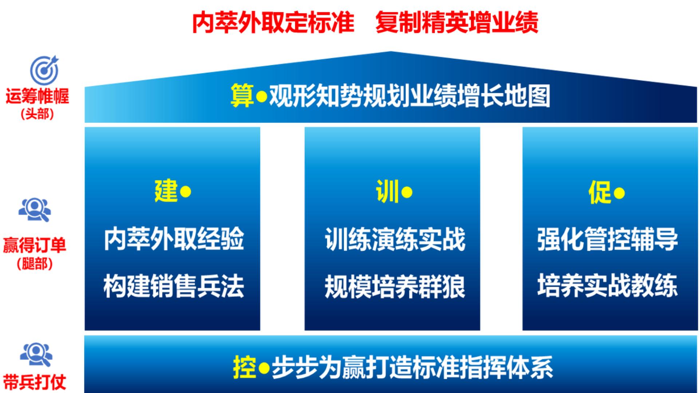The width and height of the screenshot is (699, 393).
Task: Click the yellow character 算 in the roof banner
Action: click(242, 96)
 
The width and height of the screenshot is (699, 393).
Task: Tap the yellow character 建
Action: click(166, 191)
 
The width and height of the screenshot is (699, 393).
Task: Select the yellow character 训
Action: click(387, 192)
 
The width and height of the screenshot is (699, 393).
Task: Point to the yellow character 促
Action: click(600, 192)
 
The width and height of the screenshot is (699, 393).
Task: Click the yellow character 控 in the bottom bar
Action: click(245, 368)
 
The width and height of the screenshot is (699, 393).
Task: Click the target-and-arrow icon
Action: click(44, 70)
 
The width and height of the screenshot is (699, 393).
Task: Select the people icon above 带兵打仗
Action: click(36, 355)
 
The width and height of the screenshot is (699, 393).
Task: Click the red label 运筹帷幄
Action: click(37, 96)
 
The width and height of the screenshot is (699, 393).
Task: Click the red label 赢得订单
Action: click(35, 245)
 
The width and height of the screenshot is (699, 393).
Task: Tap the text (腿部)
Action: click(35, 263)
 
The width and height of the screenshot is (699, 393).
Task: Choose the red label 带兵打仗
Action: click(35, 382)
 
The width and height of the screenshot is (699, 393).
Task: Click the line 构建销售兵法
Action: click(174, 286)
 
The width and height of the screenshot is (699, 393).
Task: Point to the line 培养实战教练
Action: click(607, 286)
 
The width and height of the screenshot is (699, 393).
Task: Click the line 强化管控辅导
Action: click(607, 239)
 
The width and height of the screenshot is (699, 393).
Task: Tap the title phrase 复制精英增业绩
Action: click(457, 22)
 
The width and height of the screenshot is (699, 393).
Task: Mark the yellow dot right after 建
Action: click(186, 192)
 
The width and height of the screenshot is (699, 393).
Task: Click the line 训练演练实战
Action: click(395, 239)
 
